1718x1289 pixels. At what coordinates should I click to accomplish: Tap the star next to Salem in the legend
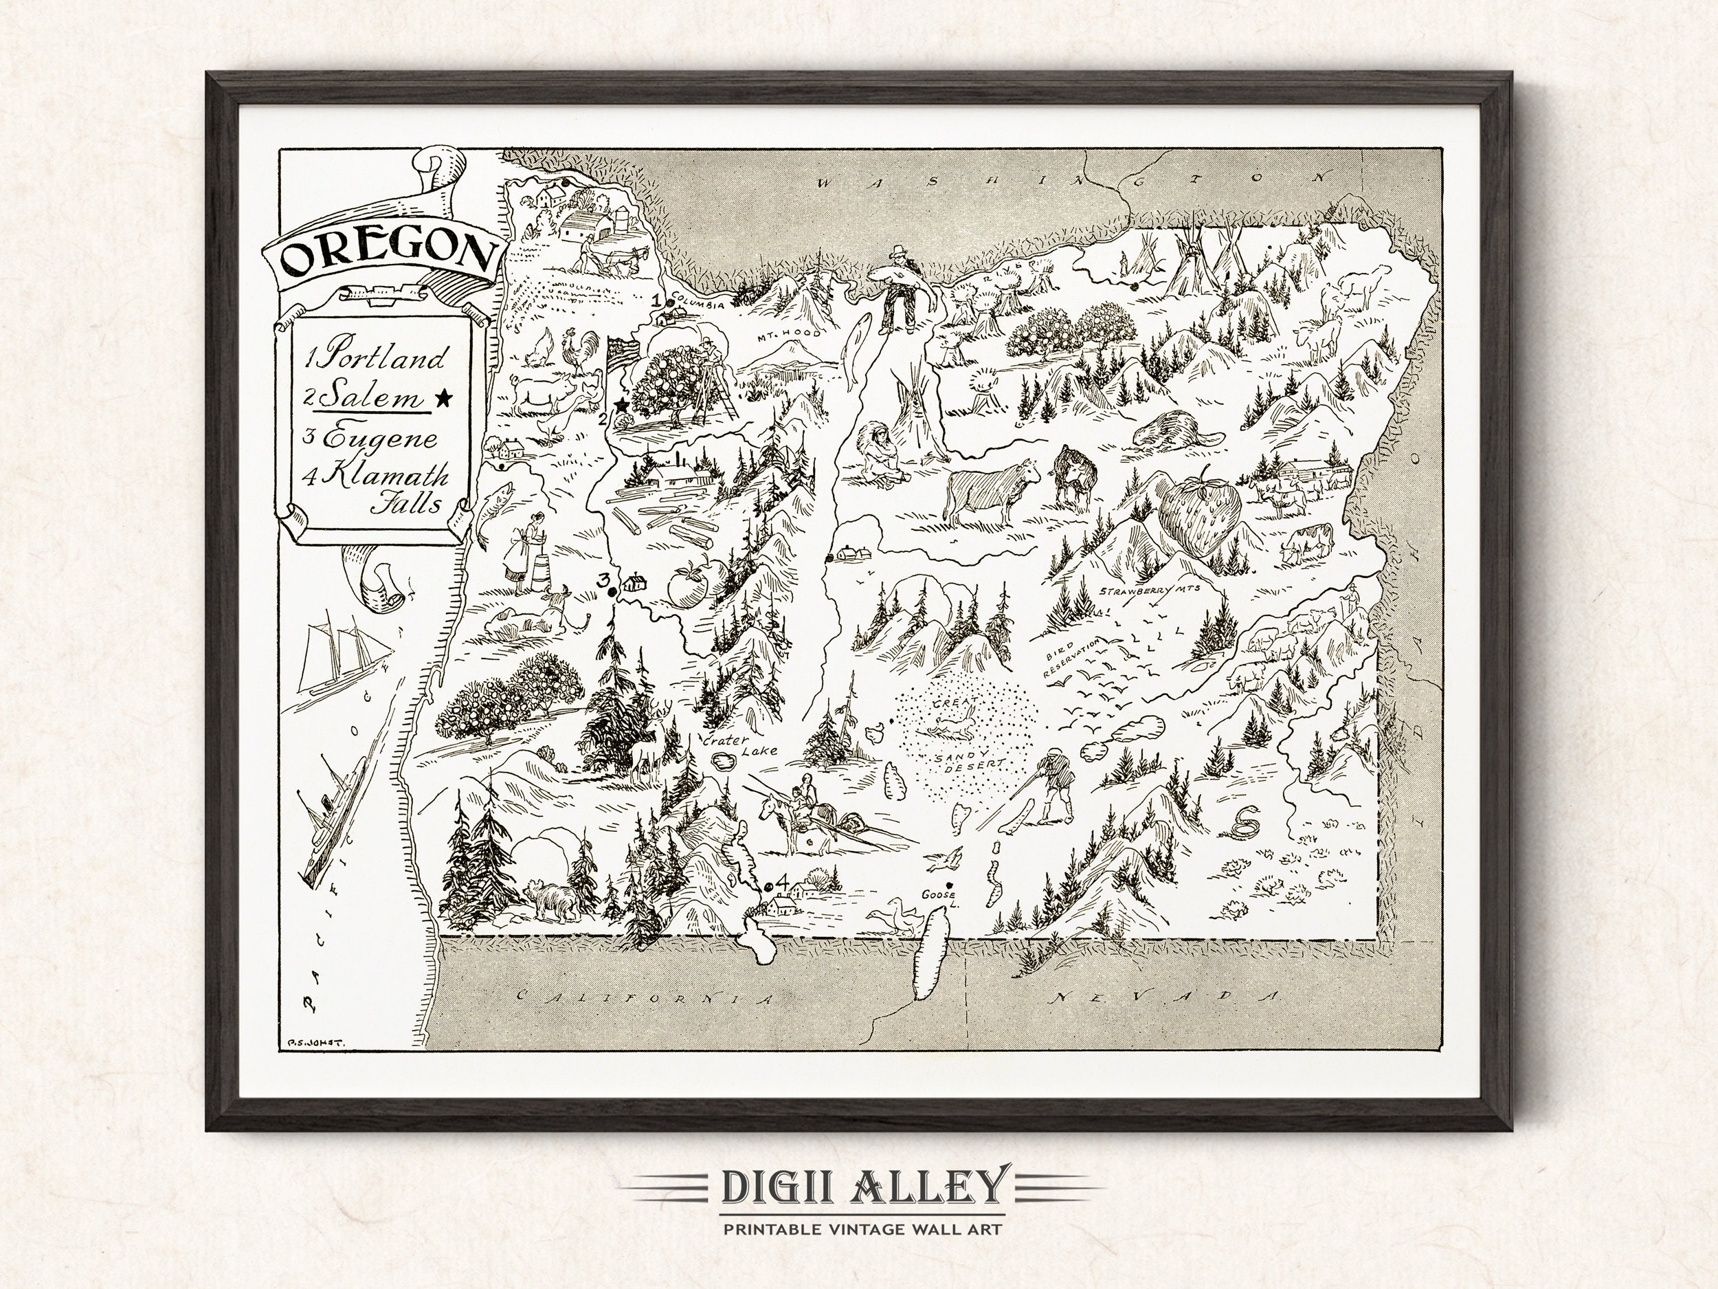[444, 399]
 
